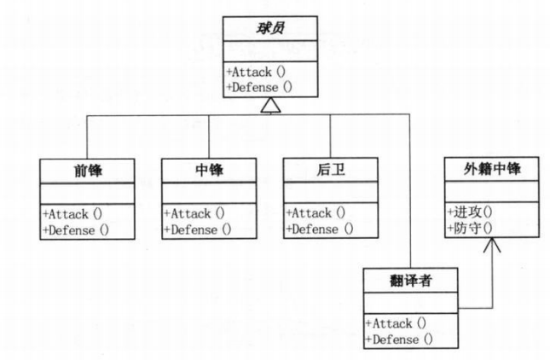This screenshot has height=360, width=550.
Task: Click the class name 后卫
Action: (x=330, y=170)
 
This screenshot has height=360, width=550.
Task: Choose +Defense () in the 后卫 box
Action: (x=321, y=229)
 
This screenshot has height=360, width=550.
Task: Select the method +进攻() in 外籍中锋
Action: (x=469, y=213)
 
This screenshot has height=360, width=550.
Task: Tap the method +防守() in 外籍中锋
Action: (x=469, y=229)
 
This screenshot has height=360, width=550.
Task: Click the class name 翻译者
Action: (x=409, y=280)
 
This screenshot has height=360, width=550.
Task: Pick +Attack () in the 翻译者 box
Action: (x=398, y=323)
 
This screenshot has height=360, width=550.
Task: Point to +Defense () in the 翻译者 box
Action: (x=401, y=339)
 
